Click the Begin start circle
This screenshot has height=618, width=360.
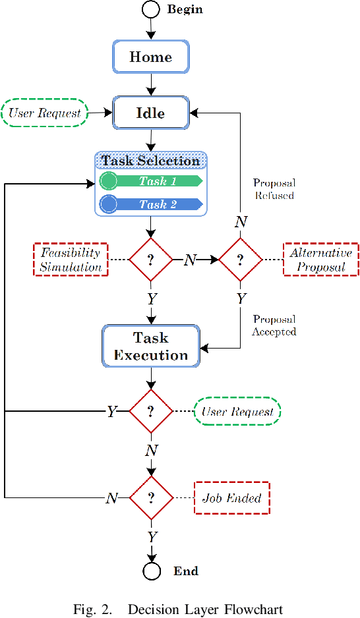[151, 9]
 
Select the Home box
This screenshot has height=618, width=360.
[151, 57]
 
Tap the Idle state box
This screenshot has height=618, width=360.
[151, 113]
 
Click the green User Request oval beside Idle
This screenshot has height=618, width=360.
[45, 113]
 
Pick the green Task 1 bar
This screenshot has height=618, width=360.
[151, 181]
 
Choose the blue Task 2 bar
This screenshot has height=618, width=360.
[151, 204]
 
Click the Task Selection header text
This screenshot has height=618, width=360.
[151, 161]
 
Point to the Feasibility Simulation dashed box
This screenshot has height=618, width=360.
[71, 260]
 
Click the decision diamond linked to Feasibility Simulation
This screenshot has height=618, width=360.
[150, 260]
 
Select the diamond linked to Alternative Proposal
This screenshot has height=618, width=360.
[241, 260]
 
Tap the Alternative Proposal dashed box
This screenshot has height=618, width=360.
[320, 260]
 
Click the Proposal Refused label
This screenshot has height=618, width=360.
[274, 188]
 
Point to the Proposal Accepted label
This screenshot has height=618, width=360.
[274, 325]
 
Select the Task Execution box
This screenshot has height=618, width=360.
[151, 347]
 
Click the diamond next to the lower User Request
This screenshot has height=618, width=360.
[150, 412]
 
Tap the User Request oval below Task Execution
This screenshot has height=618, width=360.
[237, 412]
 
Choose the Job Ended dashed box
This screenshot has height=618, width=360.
[232, 498]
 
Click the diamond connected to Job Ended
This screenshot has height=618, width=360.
[150, 498]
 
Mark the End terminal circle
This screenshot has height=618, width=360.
[152, 571]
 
